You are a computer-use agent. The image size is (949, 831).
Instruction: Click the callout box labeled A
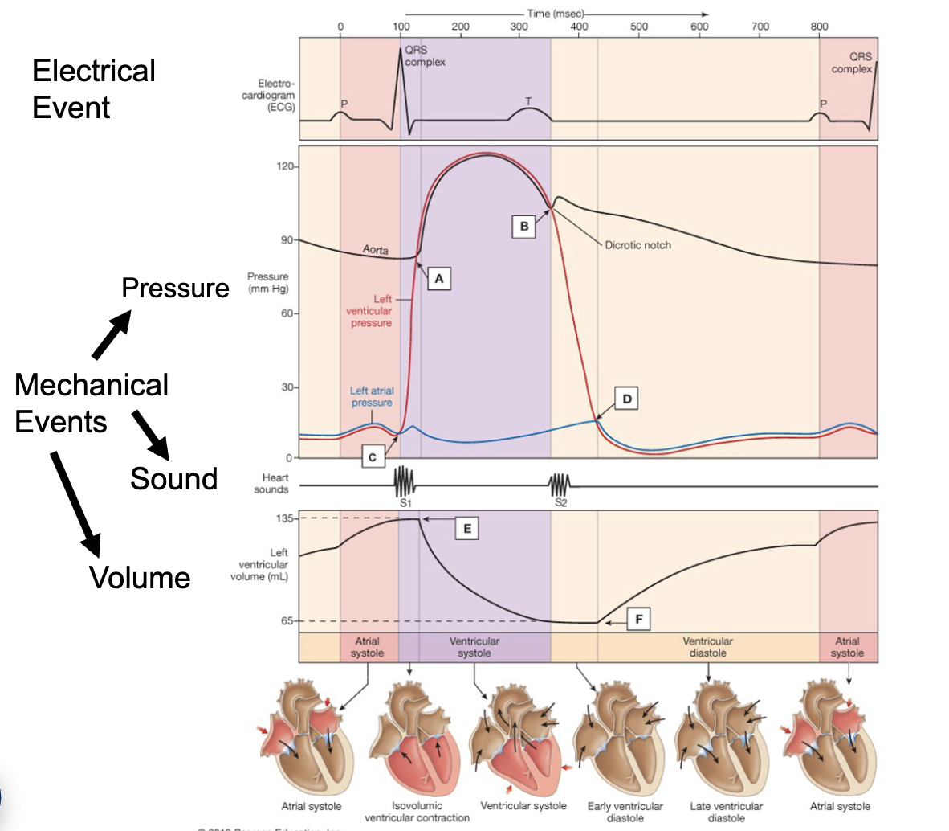438,279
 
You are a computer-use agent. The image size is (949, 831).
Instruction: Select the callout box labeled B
524,227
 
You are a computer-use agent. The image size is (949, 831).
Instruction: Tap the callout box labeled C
373,457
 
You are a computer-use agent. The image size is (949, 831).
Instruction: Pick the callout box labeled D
627,399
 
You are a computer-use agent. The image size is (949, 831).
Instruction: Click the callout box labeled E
466,528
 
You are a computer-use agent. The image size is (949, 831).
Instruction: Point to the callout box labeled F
638,620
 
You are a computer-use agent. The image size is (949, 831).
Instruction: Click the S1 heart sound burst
405,483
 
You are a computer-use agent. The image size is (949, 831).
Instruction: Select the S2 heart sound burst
560,485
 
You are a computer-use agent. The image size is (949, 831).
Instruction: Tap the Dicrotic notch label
637,245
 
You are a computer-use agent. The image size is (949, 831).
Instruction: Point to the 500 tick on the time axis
639,27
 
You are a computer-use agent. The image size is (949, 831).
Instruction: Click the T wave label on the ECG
528,101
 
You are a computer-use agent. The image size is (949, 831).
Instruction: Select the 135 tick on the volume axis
285,518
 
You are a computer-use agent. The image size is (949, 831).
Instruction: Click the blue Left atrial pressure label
372,397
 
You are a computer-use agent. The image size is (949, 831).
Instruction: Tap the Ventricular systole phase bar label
474,647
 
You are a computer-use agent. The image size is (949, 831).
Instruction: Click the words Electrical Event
93,89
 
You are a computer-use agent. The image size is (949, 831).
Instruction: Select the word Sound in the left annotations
174,479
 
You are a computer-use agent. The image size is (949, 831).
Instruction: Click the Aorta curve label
375,250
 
